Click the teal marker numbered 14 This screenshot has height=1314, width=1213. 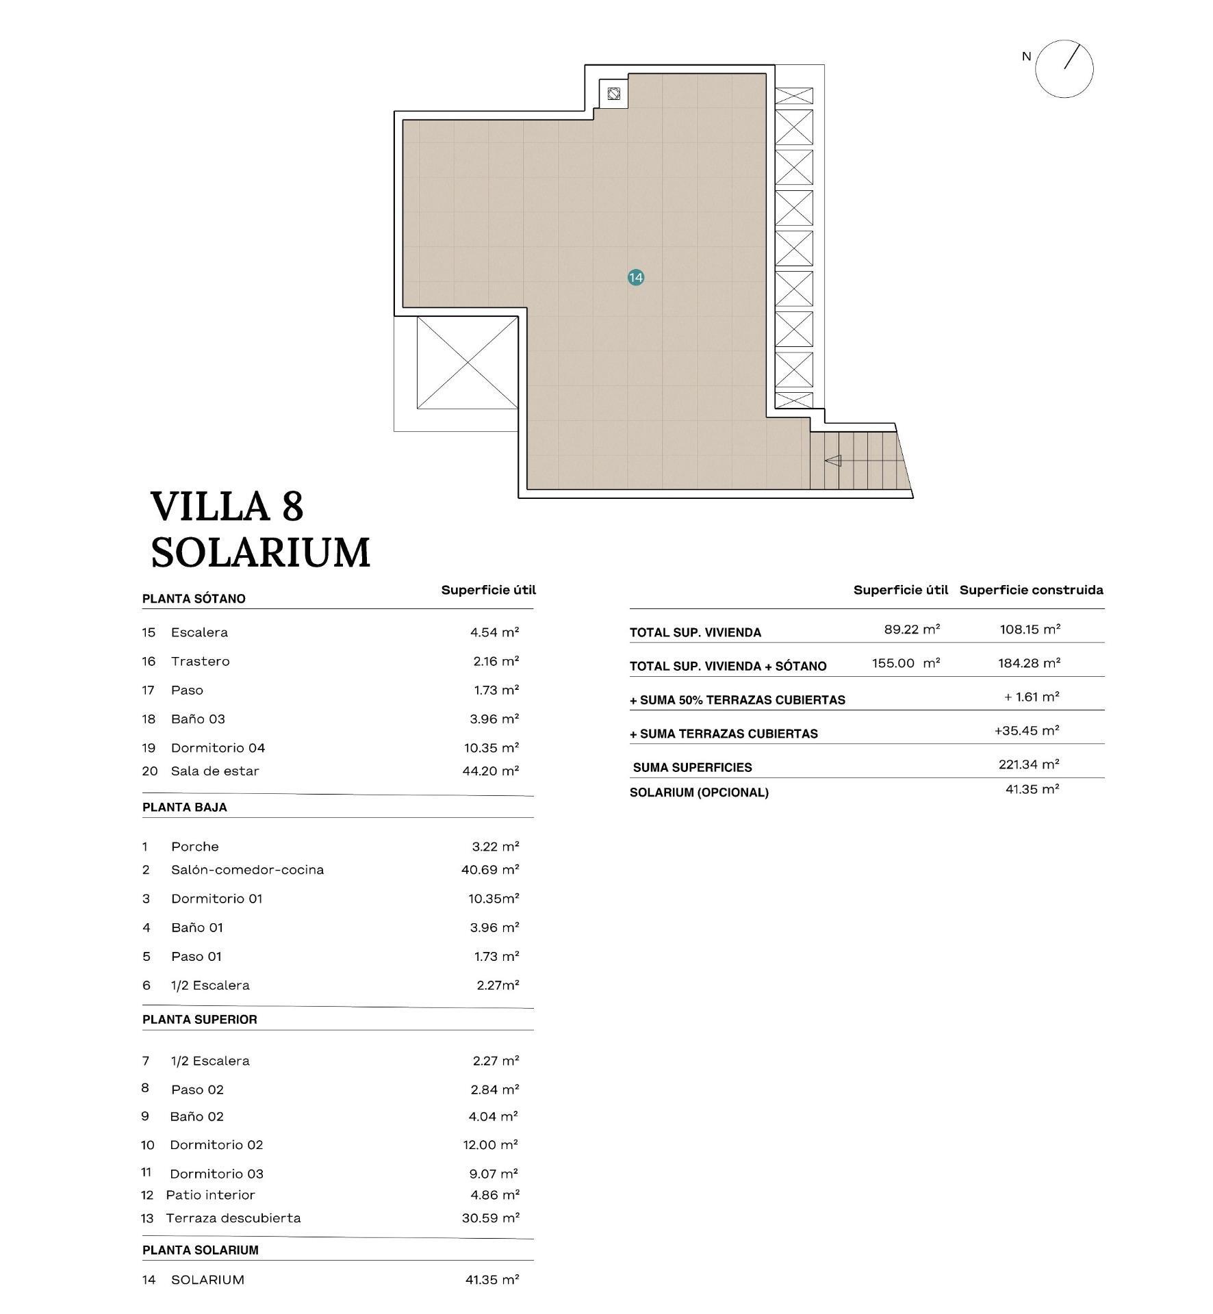point(635,277)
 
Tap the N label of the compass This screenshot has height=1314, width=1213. point(1025,57)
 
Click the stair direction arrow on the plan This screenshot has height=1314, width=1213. point(833,461)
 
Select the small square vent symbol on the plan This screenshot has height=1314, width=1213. point(613,94)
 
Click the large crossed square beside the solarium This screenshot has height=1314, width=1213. point(467,362)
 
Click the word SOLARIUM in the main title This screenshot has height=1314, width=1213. point(260,552)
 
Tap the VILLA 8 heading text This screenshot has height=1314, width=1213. point(227,506)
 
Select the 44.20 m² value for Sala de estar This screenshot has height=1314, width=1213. point(490,771)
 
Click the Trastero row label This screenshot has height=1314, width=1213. point(200,661)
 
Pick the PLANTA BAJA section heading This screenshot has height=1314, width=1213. point(185,807)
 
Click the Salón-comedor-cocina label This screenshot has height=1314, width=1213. point(247,869)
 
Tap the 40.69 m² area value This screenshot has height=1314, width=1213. point(490,869)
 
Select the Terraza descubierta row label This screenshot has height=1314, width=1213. point(233,1218)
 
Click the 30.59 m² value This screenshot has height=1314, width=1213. point(490,1218)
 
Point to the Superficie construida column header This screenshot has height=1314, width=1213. point(1031,589)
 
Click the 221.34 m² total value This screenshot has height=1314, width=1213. point(1028,764)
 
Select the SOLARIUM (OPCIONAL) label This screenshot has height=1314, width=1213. point(698,793)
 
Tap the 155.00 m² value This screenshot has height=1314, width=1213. point(905,662)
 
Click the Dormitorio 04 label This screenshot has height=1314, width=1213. point(218,747)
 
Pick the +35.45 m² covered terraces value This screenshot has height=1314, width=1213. point(1026,730)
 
